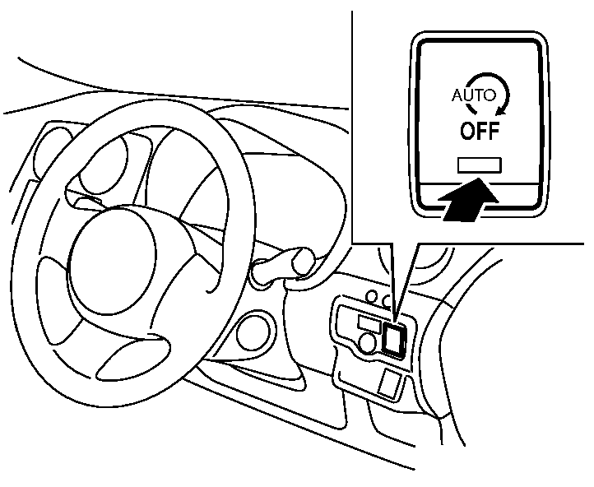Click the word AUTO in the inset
point(474,95)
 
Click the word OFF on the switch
point(480,131)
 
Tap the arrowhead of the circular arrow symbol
point(501,110)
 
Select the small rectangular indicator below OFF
point(479,165)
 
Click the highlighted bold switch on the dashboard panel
point(394,338)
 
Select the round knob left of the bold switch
point(368,343)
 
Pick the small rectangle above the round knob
point(369,324)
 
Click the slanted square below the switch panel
point(390,383)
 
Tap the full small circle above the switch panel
point(373,295)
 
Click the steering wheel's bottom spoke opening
point(132,358)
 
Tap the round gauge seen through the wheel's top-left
point(104,163)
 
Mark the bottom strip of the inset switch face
point(480,196)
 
